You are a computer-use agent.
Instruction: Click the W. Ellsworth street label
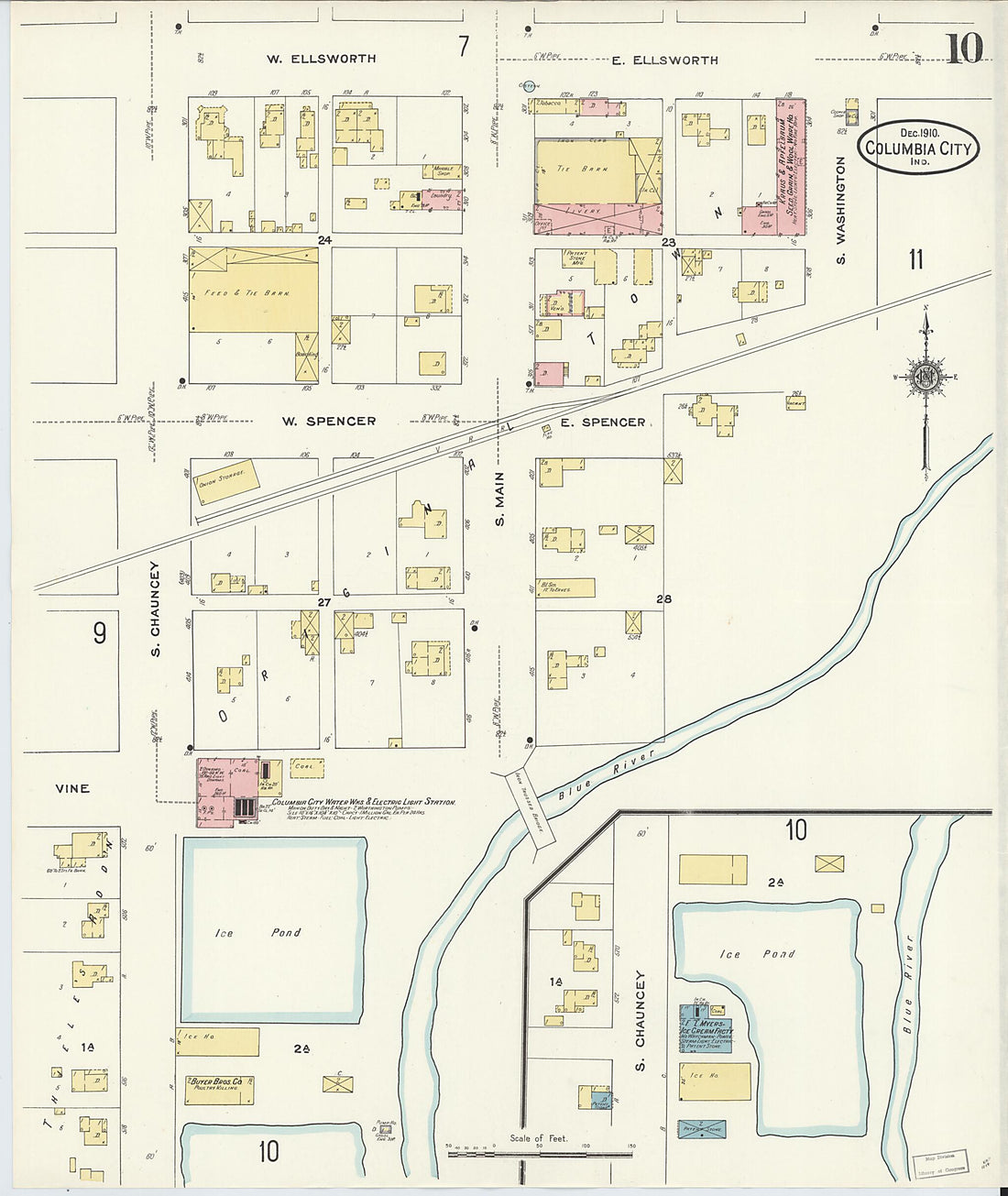click(x=321, y=59)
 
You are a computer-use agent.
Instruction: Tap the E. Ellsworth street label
click(x=664, y=60)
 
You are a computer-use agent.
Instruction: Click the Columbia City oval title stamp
click(x=917, y=147)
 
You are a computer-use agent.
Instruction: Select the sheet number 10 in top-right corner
click(x=964, y=49)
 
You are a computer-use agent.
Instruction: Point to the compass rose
click(x=925, y=377)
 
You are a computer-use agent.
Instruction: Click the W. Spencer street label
click(x=328, y=422)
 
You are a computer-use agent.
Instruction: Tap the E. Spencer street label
click(x=602, y=422)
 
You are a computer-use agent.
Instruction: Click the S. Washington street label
click(x=841, y=211)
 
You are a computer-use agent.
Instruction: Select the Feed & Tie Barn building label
click(x=247, y=293)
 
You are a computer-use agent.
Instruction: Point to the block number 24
click(x=323, y=241)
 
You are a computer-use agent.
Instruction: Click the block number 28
click(x=663, y=598)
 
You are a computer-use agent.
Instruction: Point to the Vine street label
click(x=72, y=788)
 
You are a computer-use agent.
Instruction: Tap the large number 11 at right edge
click(x=915, y=259)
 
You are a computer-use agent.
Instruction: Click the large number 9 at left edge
click(x=99, y=633)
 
